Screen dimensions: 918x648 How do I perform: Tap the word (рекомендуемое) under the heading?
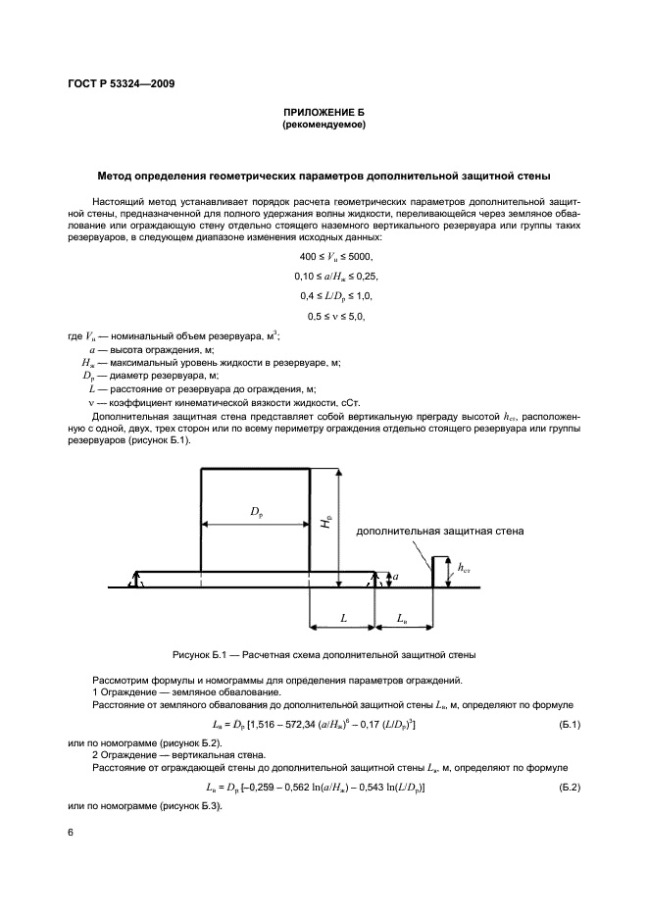[x=324, y=127]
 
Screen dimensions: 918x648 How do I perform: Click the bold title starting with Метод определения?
[x=324, y=177]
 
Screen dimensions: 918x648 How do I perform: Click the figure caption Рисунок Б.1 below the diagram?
[x=324, y=654]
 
